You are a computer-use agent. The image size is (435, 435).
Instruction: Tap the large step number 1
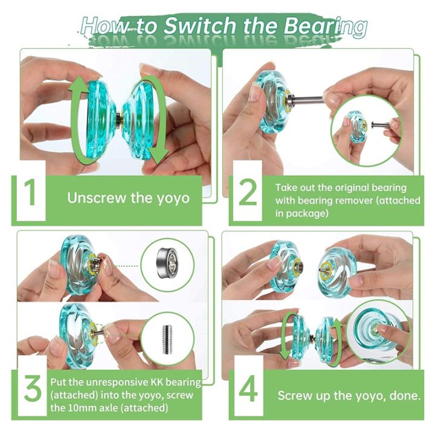(30, 198)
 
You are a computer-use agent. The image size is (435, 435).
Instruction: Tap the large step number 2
(248, 198)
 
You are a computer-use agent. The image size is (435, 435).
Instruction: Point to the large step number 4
(248, 390)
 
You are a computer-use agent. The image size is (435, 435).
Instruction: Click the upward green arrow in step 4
(340, 341)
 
